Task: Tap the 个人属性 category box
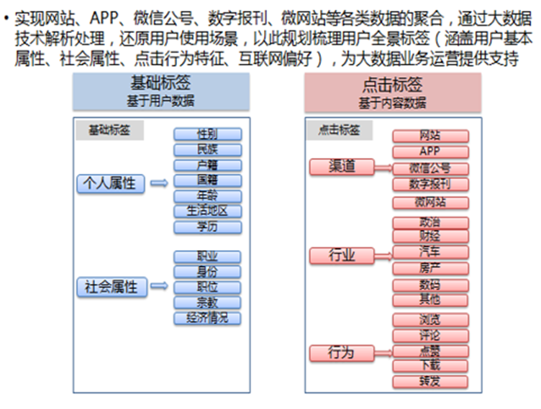[x=109, y=183]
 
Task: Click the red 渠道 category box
[x=342, y=167]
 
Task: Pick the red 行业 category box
[x=342, y=255]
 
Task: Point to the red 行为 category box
[x=342, y=352]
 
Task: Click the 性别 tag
[x=208, y=134]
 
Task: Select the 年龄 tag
[x=208, y=196]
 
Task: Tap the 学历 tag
[x=208, y=227]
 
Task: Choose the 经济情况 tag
[x=208, y=318]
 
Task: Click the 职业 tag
[x=208, y=257]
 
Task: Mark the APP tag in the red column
[x=430, y=152]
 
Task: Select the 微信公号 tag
[x=430, y=168]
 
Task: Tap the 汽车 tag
[x=430, y=252]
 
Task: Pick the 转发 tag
[x=430, y=382]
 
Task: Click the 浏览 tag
[x=430, y=319]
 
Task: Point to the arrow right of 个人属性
[x=160, y=184]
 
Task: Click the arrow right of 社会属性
[x=160, y=287]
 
